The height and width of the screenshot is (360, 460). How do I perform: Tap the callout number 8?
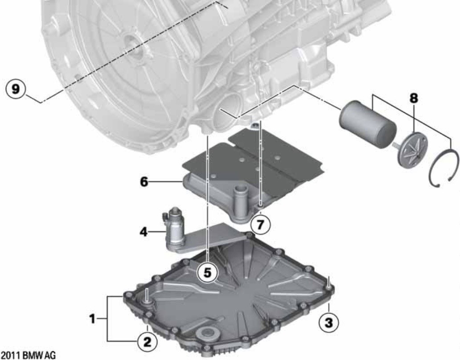[x=414, y=98]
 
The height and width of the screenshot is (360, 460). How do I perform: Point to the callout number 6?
[x=144, y=182]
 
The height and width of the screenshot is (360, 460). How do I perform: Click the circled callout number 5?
[x=207, y=273]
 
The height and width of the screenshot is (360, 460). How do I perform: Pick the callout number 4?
[x=144, y=233]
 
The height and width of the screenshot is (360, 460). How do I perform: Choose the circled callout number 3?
[x=329, y=323]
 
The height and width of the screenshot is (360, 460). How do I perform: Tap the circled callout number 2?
[x=147, y=342]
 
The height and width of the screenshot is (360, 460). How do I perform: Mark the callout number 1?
[x=93, y=319]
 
